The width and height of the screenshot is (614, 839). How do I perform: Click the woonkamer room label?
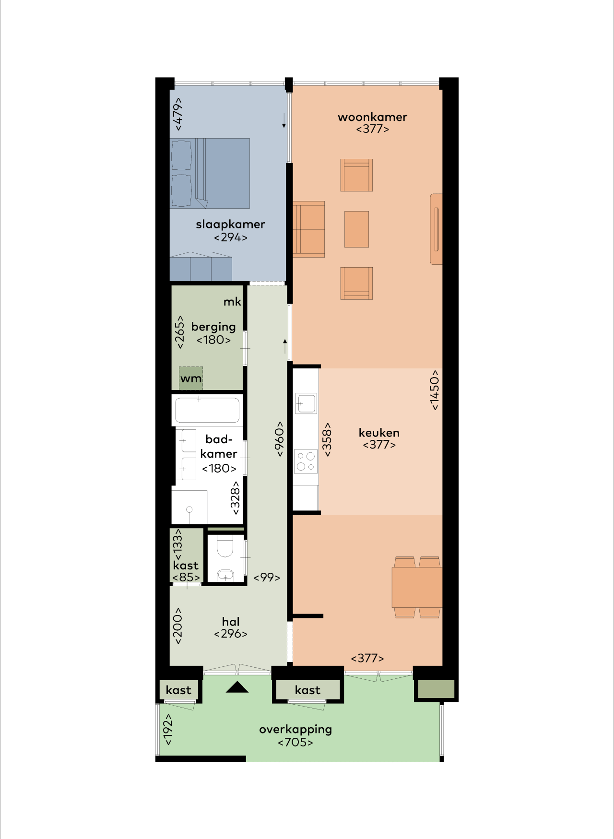click(x=372, y=117)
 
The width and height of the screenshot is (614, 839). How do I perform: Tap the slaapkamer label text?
click(x=230, y=224)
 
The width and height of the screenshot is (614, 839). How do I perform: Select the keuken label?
click(x=379, y=433)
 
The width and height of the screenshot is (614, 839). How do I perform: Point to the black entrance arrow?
click(x=237, y=687)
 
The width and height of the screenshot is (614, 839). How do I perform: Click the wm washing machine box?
click(x=191, y=378)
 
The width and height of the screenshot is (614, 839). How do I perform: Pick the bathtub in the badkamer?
click(x=207, y=410)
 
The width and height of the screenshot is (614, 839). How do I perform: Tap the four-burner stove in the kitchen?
click(x=306, y=461)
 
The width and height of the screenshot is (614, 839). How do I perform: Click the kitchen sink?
click(x=306, y=403)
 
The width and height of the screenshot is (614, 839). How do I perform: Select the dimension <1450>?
click(x=434, y=390)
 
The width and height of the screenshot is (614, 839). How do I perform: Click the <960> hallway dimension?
click(x=279, y=439)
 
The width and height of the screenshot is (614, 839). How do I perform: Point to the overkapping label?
click(x=295, y=730)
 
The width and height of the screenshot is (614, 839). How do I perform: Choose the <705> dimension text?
click(x=295, y=743)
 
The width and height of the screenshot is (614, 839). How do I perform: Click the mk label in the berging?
click(x=232, y=302)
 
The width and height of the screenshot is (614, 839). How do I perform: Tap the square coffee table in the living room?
click(x=357, y=229)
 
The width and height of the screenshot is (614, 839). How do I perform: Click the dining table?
click(x=417, y=588)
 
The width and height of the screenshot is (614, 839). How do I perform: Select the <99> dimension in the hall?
click(x=267, y=578)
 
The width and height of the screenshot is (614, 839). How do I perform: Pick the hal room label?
click(x=231, y=622)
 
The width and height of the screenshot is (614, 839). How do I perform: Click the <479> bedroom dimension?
click(x=177, y=114)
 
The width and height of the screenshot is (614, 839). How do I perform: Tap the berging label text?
click(x=213, y=327)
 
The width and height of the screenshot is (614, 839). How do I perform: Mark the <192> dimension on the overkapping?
click(x=167, y=729)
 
